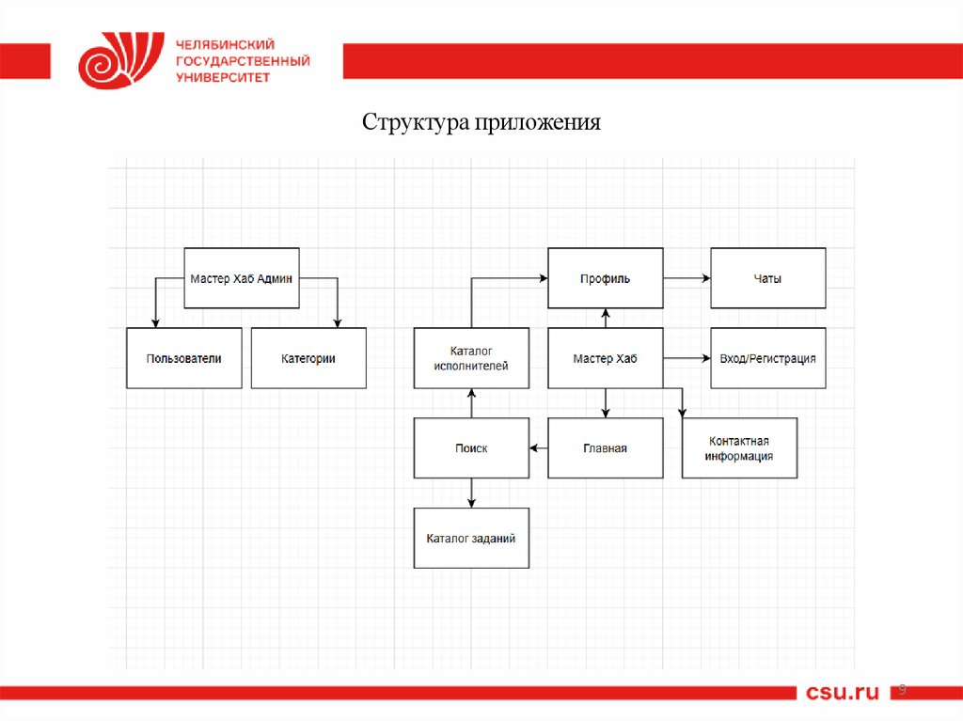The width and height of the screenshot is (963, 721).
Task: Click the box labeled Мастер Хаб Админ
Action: pos(242,278)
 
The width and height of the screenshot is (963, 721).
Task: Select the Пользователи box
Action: pos(183,358)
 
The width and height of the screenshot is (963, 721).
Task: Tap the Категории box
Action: pos(308,358)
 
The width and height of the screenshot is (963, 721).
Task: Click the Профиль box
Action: pos(606,278)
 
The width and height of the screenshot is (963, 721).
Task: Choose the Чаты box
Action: pos(767,278)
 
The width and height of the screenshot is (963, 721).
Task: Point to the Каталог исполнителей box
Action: pos(471,358)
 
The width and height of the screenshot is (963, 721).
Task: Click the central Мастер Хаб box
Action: pos(606,358)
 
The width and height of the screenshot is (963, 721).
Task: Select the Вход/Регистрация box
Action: pos(767,358)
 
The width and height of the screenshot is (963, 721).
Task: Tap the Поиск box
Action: pos(471,448)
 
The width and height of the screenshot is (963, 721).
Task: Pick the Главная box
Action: pos(606,448)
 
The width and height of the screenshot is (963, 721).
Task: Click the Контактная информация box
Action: pos(739,448)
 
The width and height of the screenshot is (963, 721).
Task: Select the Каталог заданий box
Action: pos(471,538)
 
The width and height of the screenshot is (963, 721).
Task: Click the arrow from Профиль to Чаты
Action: pos(687,278)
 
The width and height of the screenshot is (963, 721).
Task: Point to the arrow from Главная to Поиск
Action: pos(538,448)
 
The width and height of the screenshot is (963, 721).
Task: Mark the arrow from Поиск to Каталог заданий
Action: pos(471,493)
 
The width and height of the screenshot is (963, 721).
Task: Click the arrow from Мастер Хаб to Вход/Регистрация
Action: pos(687,358)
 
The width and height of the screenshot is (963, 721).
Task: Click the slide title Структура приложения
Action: pos(481,123)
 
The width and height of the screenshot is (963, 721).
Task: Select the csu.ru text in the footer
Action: pos(842,693)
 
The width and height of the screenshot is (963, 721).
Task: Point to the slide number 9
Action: pos(902,691)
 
